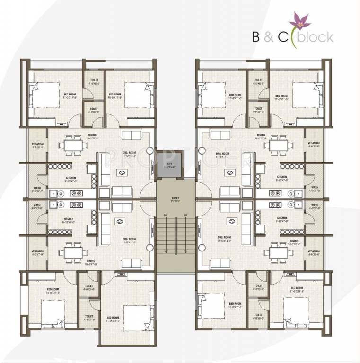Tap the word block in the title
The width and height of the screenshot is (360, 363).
pos(316,36)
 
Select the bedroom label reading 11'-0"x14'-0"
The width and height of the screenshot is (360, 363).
pos(113,319)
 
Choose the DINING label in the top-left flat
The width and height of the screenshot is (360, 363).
pos(92,137)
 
